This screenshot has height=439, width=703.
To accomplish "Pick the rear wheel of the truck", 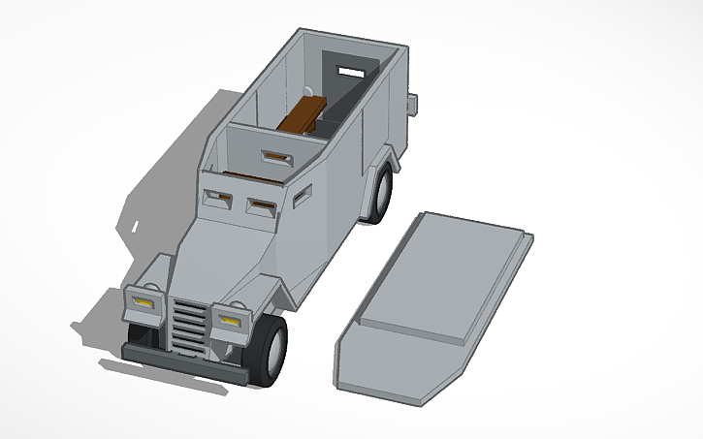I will coord(381,192).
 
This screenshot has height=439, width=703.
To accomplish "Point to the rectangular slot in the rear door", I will coord(348,71).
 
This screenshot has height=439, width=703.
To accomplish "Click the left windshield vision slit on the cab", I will coord(217,199).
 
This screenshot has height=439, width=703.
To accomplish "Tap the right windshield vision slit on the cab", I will coord(261,205).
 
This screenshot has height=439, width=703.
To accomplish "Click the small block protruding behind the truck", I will coord(413,101).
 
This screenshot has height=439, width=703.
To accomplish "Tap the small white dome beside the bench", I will coord(308,92).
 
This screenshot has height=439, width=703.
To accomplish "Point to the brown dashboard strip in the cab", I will coord(247,176).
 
